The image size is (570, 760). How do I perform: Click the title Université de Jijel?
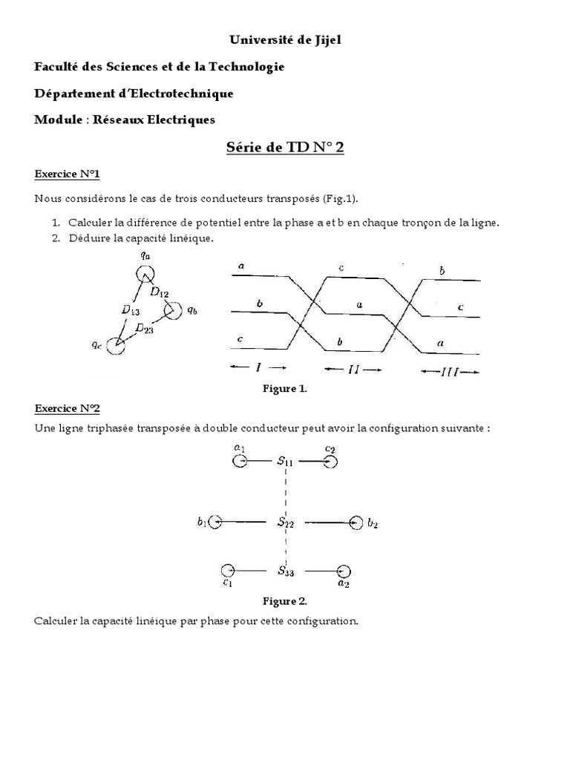click(x=285, y=40)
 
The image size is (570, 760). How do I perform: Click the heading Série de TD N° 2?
click(x=285, y=147)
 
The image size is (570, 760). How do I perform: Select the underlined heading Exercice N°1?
click(x=67, y=174)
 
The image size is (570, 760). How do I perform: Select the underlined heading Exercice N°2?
click(x=67, y=408)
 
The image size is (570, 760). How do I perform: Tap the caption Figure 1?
click(x=284, y=389)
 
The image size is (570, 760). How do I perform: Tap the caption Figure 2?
click(x=284, y=601)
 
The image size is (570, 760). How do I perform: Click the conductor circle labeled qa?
click(x=144, y=275)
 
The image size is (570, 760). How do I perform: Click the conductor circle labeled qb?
click(x=173, y=310)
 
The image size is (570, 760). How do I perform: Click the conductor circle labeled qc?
click(x=115, y=345)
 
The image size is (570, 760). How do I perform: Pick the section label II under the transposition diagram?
click(x=353, y=369)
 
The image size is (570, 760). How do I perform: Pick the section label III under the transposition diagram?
click(x=449, y=372)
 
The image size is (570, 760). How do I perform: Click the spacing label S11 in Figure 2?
click(x=286, y=462)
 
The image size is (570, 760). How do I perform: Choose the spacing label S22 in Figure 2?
click(x=286, y=522)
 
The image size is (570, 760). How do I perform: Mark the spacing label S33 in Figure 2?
click(x=286, y=571)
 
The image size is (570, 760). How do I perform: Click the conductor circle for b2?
click(x=356, y=522)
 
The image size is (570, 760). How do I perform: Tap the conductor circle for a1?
click(x=239, y=462)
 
